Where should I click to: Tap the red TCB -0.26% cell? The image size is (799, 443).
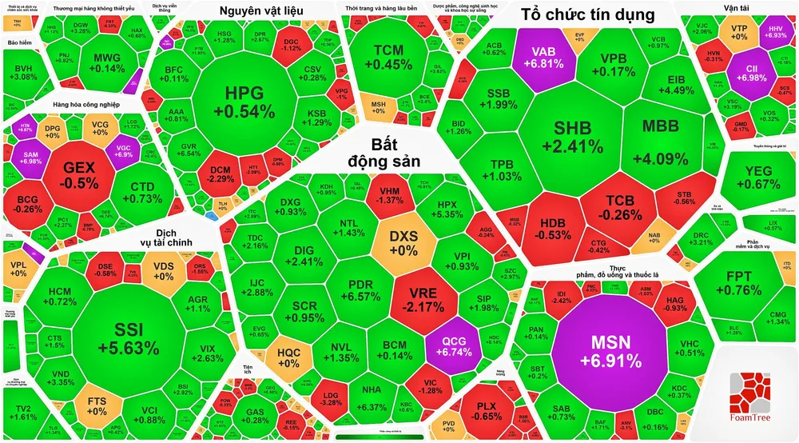point(618,206)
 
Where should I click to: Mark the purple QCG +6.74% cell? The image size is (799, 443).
point(453,345)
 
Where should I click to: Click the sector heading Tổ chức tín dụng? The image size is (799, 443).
point(593,14)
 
